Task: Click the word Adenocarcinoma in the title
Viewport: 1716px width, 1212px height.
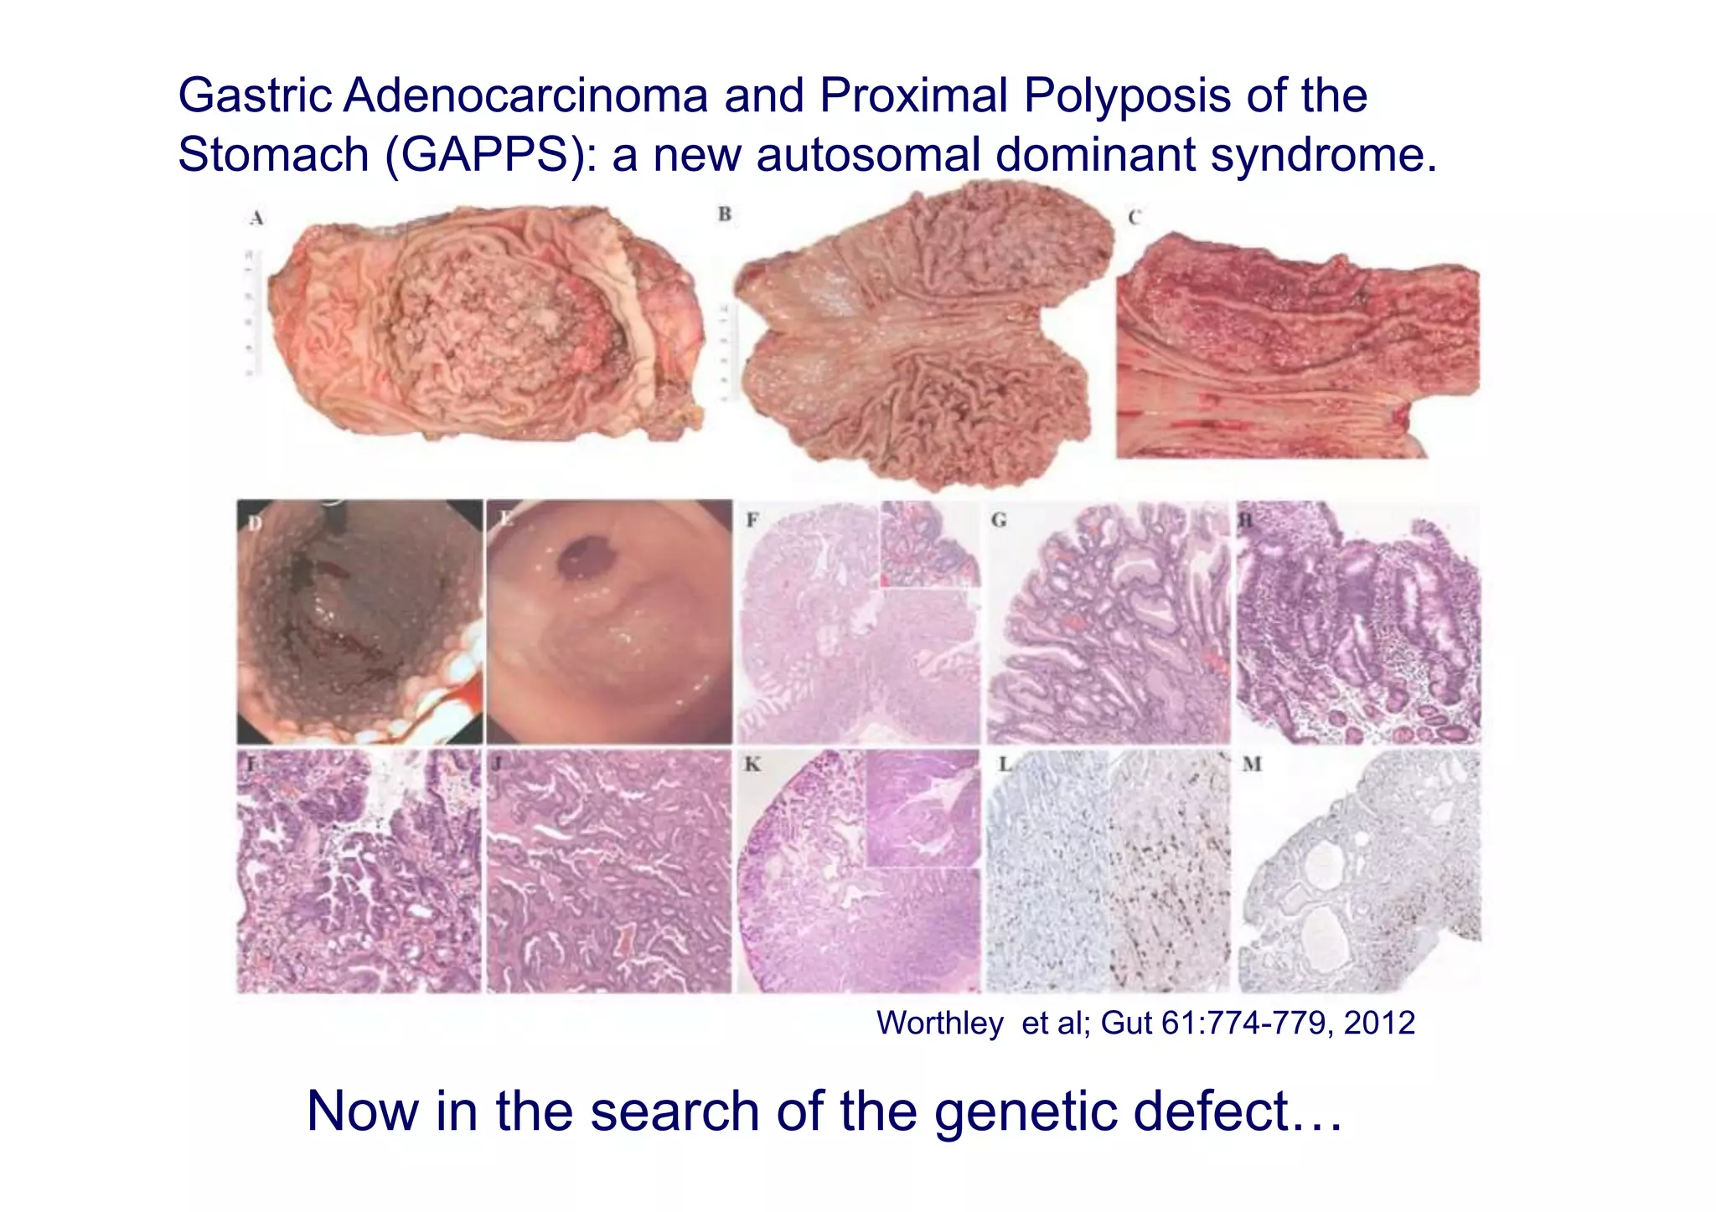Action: pyautogui.click(x=526, y=95)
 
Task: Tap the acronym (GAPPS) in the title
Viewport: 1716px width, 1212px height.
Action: pyautogui.click(x=490, y=155)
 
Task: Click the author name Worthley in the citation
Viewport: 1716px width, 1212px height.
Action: pyautogui.click(x=939, y=1023)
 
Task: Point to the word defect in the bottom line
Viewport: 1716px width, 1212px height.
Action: pyautogui.click(x=1236, y=1111)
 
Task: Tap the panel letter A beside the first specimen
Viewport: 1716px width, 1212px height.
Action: pyautogui.click(x=256, y=219)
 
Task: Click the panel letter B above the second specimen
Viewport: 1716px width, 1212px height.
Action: pyautogui.click(x=724, y=214)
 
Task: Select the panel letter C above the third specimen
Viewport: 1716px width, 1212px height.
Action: pyautogui.click(x=1134, y=218)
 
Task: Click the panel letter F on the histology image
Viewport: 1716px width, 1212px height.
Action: pyautogui.click(x=752, y=520)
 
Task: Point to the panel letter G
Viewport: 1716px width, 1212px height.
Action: pyautogui.click(x=998, y=520)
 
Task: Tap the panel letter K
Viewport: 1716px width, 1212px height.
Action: pyautogui.click(x=752, y=764)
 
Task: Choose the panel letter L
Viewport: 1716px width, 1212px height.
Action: pyautogui.click(x=1004, y=764)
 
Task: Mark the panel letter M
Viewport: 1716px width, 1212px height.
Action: pyautogui.click(x=1252, y=764)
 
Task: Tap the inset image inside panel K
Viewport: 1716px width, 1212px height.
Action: pyautogui.click(x=922, y=809)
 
